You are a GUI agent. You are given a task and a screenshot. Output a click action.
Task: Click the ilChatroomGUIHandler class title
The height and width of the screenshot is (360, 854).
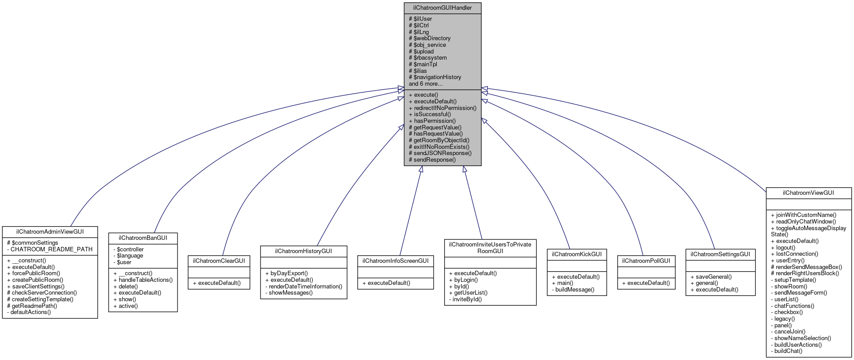442,8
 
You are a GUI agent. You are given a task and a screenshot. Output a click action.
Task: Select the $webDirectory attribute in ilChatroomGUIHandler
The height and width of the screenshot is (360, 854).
430,38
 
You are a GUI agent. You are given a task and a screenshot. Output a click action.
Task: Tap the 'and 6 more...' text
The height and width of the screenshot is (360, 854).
426,84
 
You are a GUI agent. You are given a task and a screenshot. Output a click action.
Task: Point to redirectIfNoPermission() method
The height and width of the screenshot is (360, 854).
442,108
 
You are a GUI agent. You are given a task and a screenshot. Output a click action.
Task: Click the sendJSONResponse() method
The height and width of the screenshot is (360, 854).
440,153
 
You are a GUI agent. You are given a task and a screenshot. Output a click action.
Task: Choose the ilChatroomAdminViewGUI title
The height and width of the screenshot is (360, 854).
50,231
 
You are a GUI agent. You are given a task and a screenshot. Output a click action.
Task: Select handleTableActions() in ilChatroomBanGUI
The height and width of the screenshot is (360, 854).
143,280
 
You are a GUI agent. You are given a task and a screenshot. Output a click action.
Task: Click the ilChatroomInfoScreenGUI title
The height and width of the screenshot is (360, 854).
396,261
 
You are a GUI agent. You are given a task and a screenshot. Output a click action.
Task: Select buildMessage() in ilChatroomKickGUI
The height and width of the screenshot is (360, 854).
574,290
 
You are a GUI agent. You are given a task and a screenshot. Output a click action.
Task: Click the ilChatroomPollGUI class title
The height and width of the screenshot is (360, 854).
646,261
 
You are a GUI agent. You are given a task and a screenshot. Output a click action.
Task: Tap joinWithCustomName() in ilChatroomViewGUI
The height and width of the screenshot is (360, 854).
804,215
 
